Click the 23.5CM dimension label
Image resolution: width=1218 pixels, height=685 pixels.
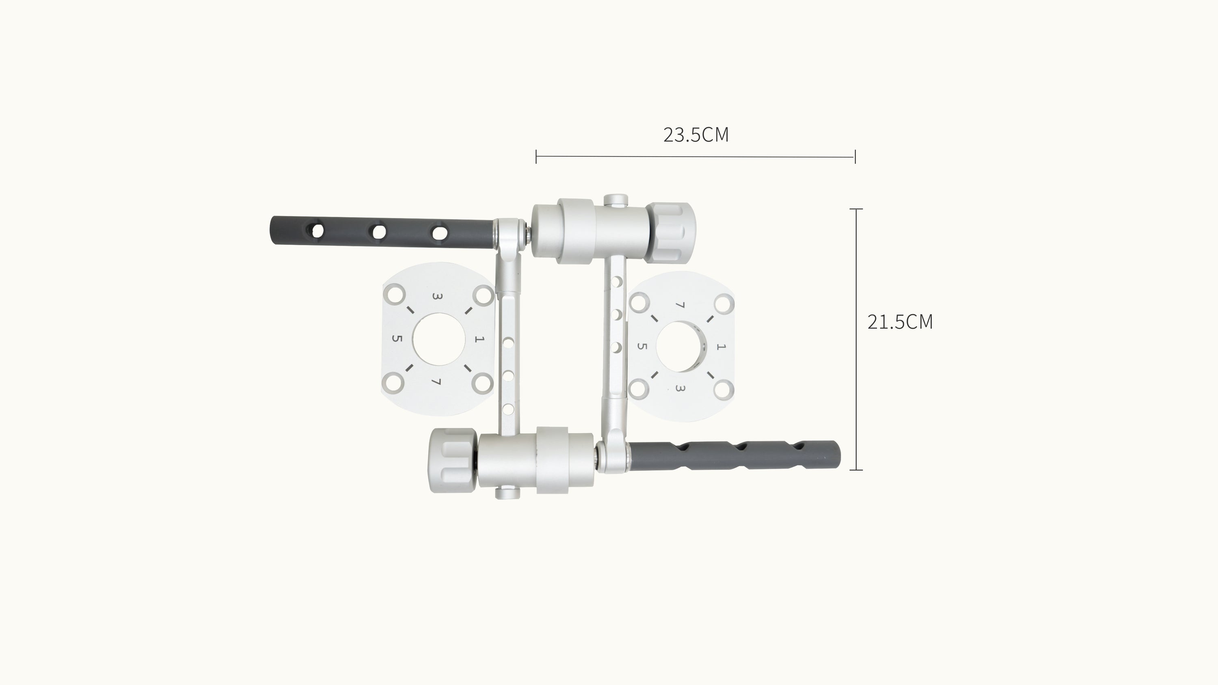click(x=696, y=135)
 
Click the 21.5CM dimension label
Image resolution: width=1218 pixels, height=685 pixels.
click(x=900, y=322)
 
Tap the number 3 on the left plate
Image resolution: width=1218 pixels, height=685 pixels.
click(x=437, y=297)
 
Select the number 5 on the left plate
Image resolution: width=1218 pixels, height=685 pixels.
click(x=397, y=338)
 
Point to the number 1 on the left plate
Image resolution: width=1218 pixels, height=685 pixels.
click(x=479, y=339)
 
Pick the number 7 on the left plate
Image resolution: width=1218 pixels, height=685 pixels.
click(x=436, y=381)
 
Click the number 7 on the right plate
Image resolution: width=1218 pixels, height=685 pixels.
click(x=680, y=306)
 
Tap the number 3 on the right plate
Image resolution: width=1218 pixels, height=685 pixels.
click(x=680, y=388)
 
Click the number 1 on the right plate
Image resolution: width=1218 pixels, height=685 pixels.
click(x=721, y=347)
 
